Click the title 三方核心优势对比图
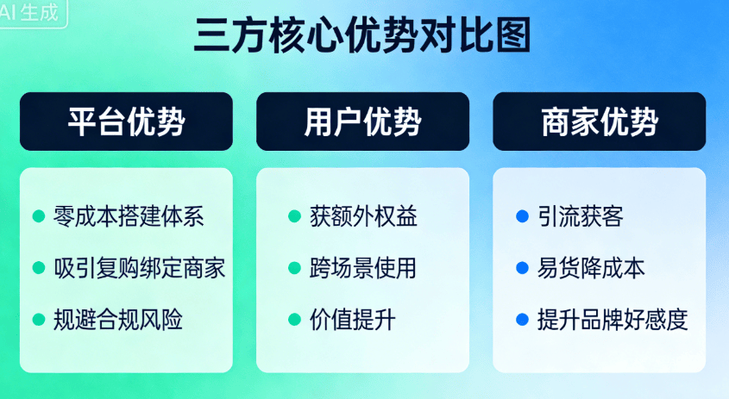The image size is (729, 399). click(x=362, y=34)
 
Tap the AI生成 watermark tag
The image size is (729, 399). click(x=33, y=13)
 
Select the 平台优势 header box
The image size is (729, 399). click(x=126, y=122)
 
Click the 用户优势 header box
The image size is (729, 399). click(x=362, y=122)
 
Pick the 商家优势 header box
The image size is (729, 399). click(x=600, y=122)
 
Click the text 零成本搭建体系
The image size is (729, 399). click(x=129, y=216)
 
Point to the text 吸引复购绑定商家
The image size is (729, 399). click(x=139, y=268)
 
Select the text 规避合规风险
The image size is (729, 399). click(x=117, y=320)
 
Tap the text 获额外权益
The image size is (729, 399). click(x=363, y=216)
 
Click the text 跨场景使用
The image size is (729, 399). click(x=362, y=268)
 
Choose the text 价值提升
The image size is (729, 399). click(x=352, y=320)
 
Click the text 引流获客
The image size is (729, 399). click(x=581, y=216)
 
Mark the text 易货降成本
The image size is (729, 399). click(x=591, y=268)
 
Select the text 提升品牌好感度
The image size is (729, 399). click(x=613, y=320)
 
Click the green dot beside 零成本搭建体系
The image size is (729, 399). click(x=39, y=216)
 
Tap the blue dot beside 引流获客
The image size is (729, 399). click(x=523, y=216)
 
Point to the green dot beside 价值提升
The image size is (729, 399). click(x=295, y=320)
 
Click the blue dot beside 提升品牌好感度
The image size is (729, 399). click(x=523, y=320)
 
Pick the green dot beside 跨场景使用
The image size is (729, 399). click(x=295, y=268)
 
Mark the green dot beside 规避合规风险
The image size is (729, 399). click(x=39, y=320)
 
